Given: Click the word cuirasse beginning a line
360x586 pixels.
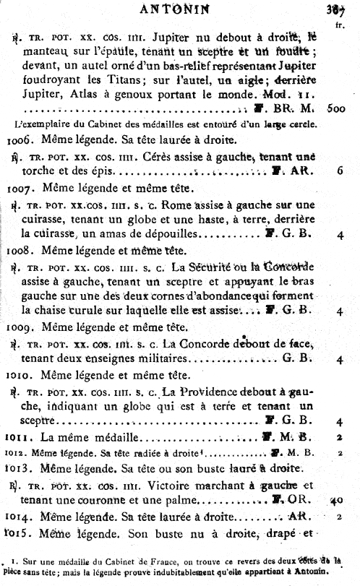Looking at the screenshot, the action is [x=44, y=234].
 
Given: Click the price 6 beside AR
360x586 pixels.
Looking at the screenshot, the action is [x=338, y=172].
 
